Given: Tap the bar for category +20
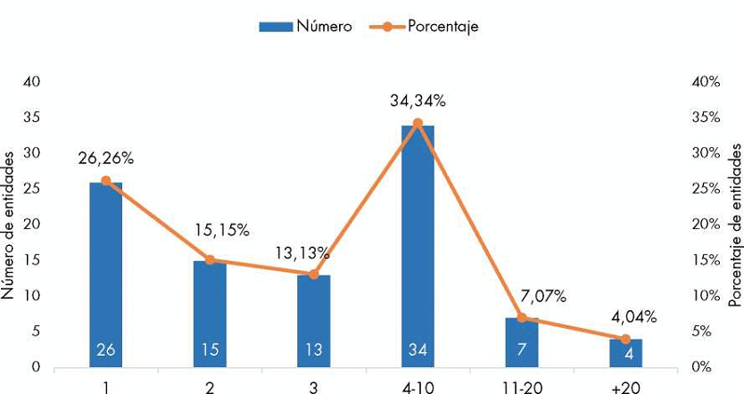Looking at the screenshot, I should (625, 352).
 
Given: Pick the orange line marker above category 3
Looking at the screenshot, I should (313, 274).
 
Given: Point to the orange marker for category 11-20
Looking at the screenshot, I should (522, 317).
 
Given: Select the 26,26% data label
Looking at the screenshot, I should (105, 159).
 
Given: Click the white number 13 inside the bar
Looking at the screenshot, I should (313, 350).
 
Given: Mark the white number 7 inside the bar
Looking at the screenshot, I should (522, 350).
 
